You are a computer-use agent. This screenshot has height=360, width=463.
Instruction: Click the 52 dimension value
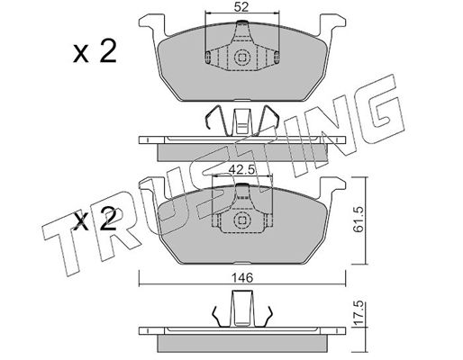[241, 7]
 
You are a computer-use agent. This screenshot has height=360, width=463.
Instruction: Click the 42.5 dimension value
[241, 170]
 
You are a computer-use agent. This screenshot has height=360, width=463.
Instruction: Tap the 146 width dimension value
[242, 278]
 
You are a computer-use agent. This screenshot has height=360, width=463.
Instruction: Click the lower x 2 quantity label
[95, 220]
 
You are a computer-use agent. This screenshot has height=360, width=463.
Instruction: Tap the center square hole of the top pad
[242, 57]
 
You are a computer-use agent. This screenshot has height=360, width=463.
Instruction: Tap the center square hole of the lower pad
[242, 220]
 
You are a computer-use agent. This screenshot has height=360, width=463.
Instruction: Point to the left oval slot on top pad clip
[207, 57]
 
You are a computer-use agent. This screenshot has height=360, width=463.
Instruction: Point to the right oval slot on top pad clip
[277, 57]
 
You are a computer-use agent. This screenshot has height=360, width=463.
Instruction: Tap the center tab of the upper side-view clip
[242, 121]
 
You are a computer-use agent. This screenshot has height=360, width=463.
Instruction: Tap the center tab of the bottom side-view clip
[242, 309]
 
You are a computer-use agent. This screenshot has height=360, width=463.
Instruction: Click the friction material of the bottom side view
[242, 344]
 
